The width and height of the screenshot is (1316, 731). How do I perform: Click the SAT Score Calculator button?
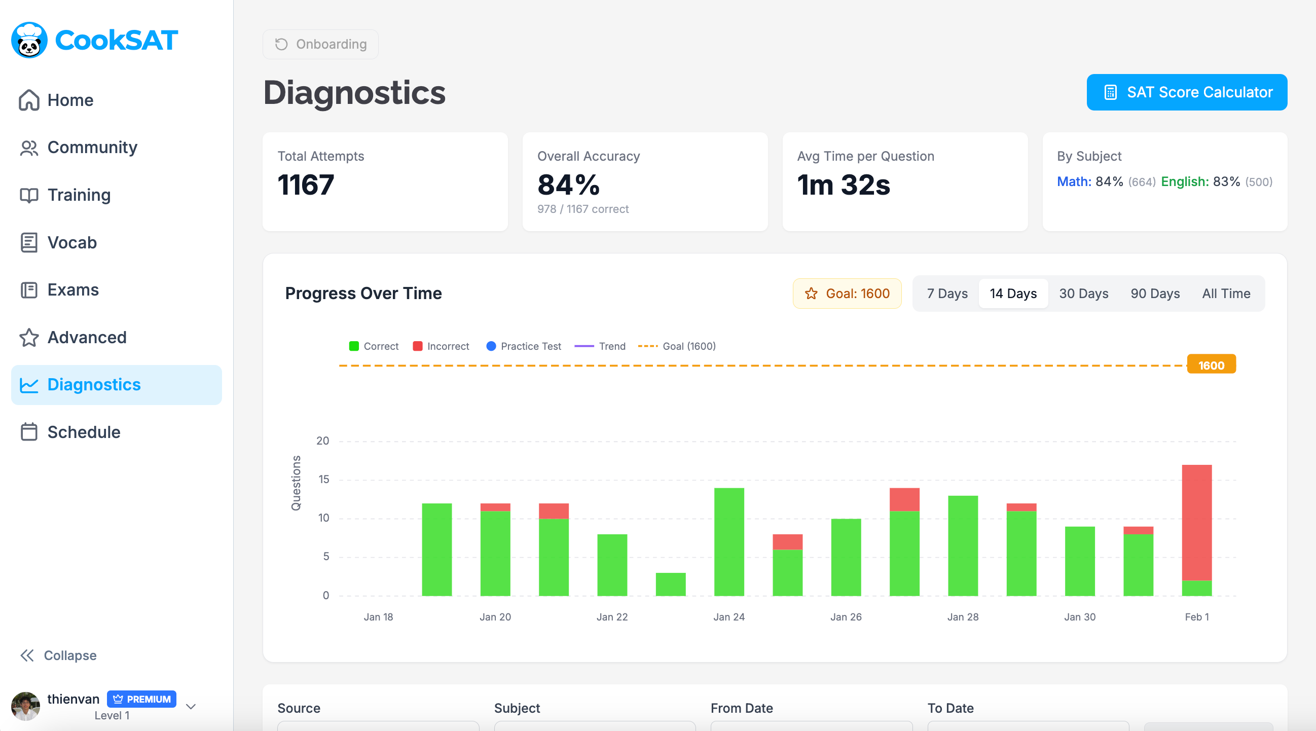[1186, 92]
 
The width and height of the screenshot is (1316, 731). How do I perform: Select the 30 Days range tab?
[1083, 293]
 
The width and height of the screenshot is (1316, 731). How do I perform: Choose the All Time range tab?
[1226, 293]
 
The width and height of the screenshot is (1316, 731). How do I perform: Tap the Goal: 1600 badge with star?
[847, 293]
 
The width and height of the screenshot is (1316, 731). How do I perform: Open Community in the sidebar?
[92, 147]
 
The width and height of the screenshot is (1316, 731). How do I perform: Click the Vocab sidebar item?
[72, 242]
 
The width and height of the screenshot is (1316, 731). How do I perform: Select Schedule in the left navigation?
[84, 432]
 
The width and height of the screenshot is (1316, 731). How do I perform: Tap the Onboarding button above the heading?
[321, 44]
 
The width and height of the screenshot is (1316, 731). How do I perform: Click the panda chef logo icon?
[29, 40]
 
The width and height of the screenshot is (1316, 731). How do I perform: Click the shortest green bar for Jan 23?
[670, 584]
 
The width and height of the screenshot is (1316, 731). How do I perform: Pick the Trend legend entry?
[600, 346]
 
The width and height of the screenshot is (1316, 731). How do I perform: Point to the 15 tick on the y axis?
[323, 479]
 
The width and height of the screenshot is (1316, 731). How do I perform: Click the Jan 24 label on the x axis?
[728, 616]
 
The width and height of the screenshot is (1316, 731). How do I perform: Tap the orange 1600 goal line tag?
[1211, 364]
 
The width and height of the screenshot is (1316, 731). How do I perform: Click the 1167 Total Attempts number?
[306, 185]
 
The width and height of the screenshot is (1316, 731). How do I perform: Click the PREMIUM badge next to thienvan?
[141, 699]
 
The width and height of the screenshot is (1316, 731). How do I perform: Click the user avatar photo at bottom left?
[25, 706]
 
